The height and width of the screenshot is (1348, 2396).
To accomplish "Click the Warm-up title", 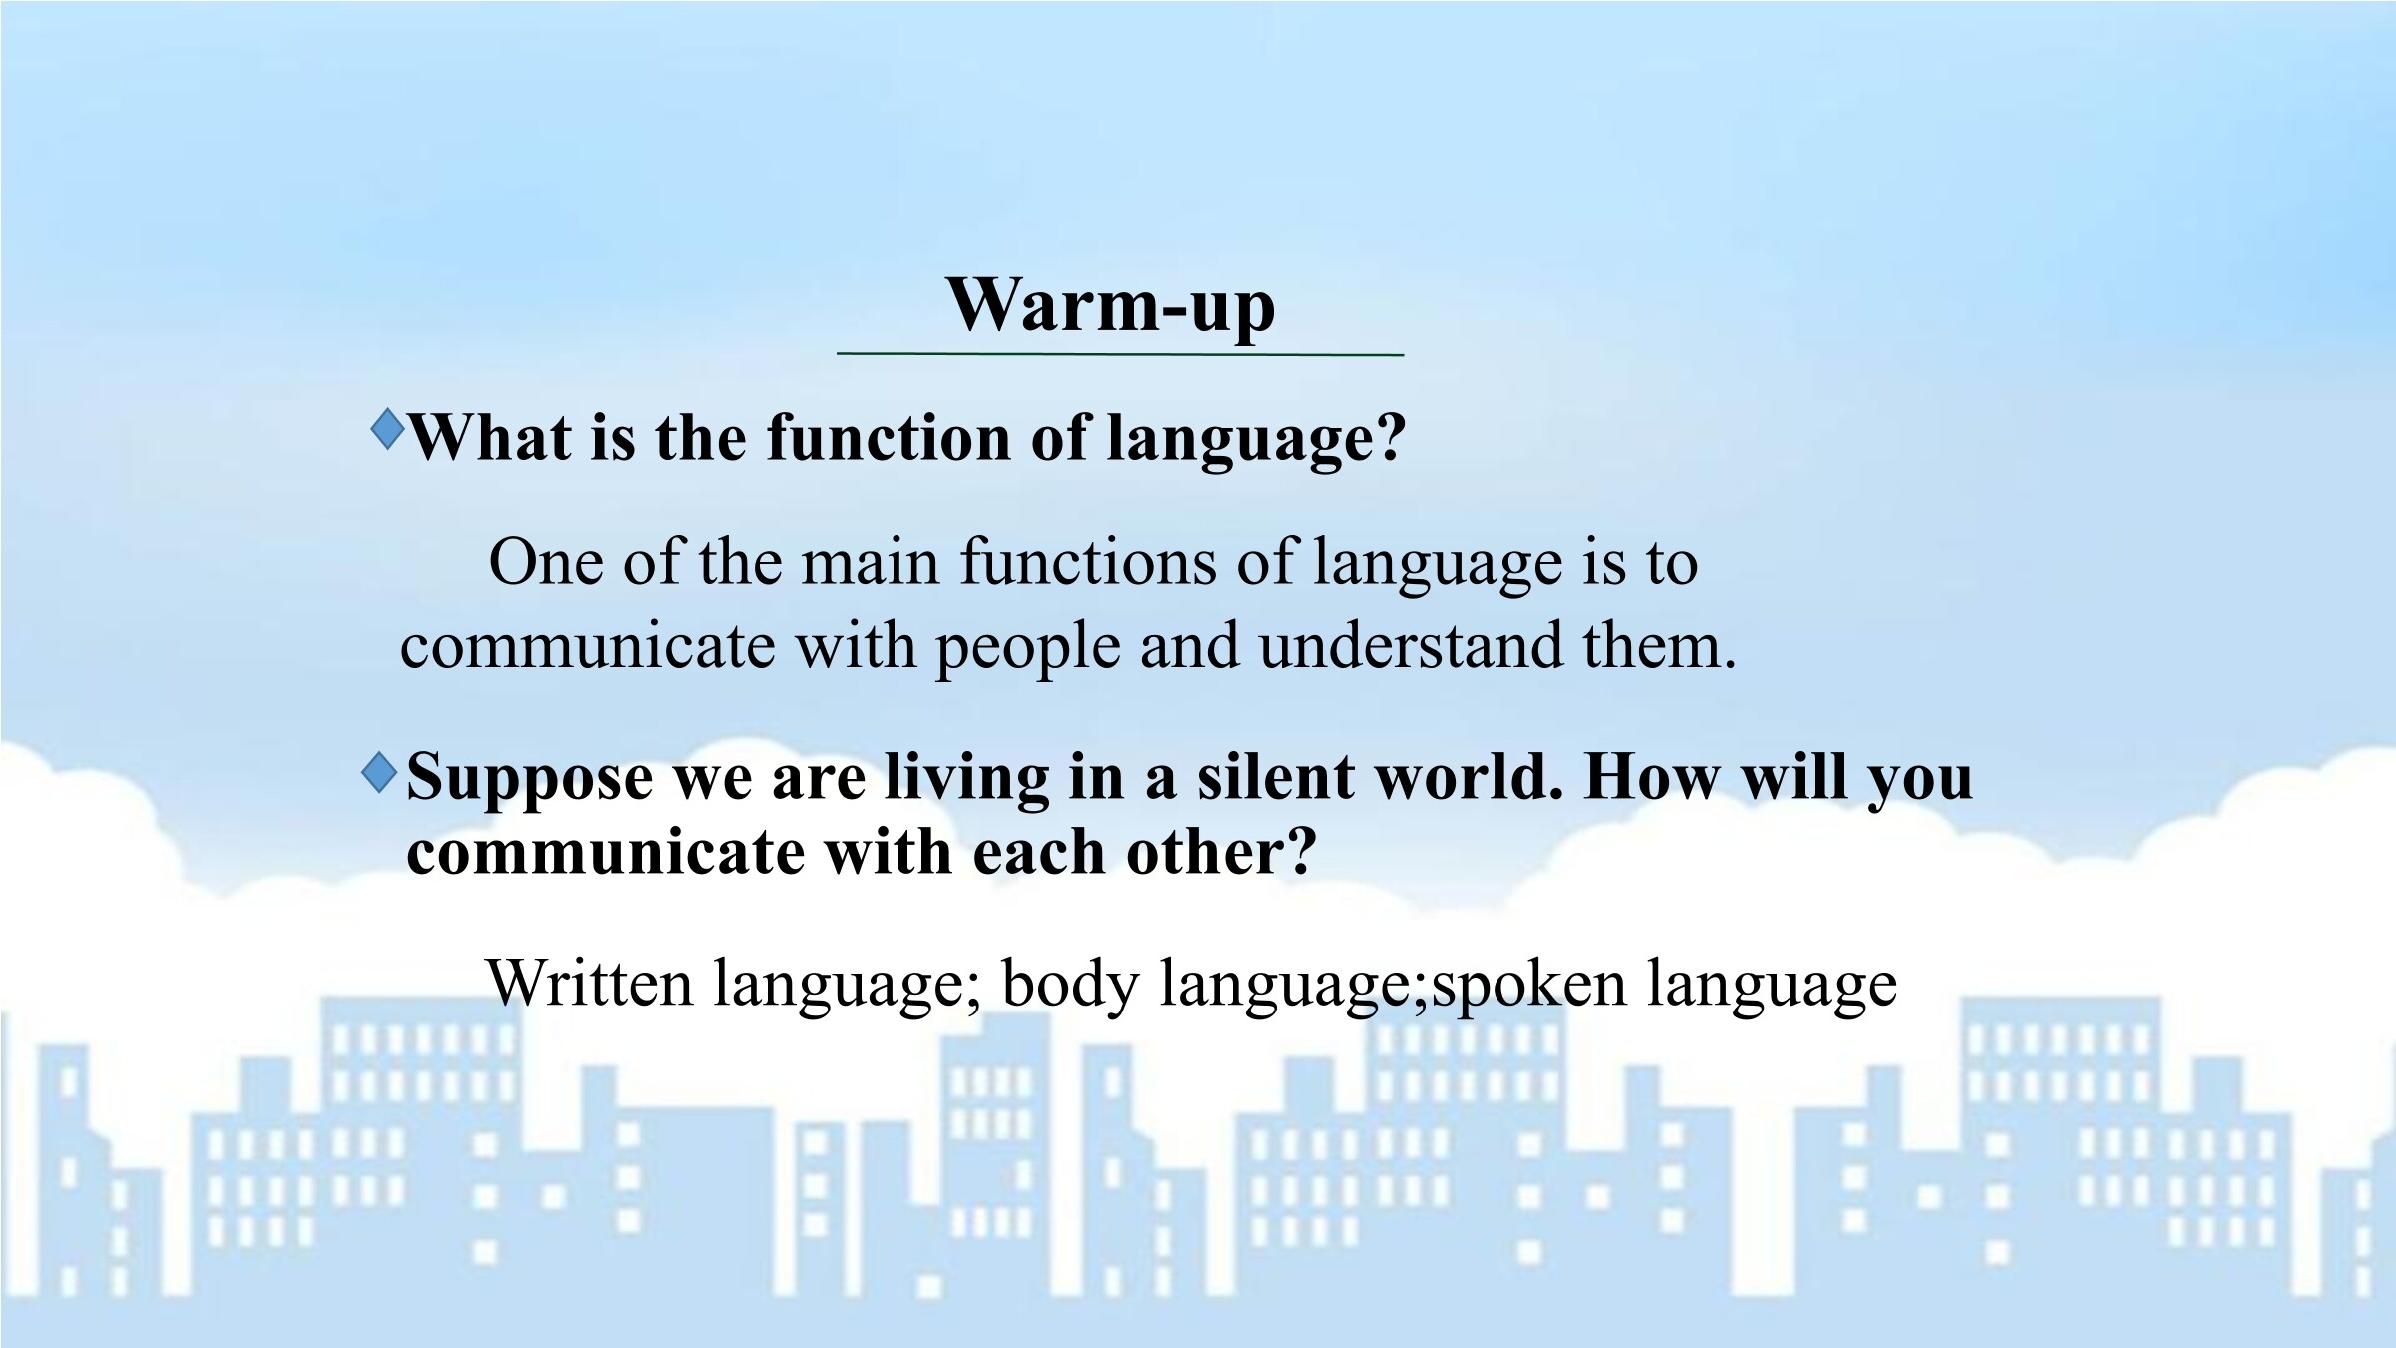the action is pyautogui.click(x=1110, y=305).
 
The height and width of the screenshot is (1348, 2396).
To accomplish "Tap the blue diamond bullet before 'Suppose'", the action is pyautogui.click(x=380, y=773).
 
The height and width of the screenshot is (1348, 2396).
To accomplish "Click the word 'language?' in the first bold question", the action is pyautogui.click(x=1257, y=440).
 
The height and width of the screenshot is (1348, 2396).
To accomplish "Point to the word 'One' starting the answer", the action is pyautogui.click(x=546, y=562).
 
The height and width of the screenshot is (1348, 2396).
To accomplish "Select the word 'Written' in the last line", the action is pyautogui.click(x=589, y=983).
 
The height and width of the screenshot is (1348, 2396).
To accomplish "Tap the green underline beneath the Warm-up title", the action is pyautogui.click(x=1120, y=354).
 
